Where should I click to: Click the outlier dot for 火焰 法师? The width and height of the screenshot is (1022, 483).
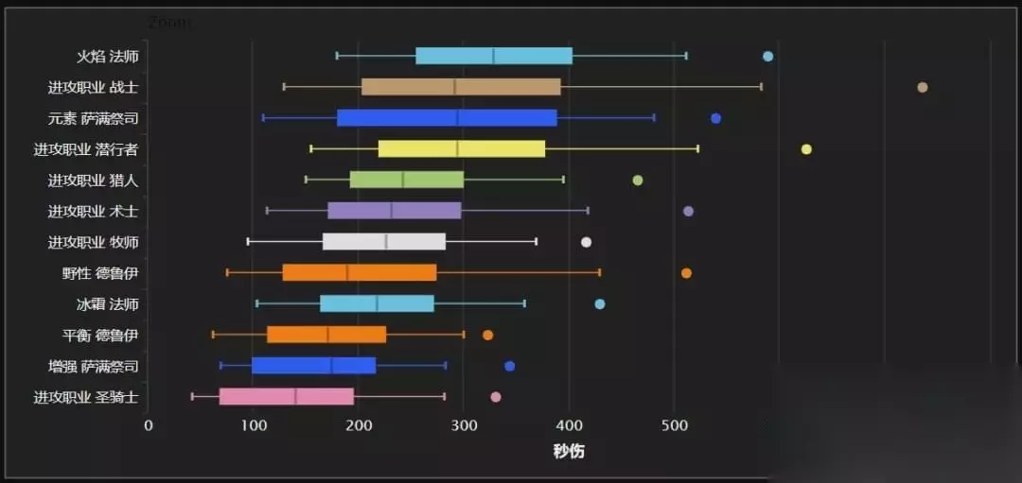767,56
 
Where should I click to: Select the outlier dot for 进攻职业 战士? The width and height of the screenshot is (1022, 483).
923,87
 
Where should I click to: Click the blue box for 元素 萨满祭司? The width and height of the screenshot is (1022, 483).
447,118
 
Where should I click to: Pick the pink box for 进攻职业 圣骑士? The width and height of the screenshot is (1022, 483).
286,397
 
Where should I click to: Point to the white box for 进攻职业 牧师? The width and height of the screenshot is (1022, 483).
383,242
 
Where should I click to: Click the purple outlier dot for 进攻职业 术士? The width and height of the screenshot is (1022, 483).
688,211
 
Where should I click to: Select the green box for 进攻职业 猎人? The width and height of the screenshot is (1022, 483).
407,180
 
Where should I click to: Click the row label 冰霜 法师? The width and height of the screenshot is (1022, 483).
108,304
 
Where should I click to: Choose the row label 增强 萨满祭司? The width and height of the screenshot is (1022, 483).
94,366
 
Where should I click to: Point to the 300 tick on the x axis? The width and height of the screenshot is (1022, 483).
464,425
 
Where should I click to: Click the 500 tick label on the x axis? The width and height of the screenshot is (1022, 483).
674,425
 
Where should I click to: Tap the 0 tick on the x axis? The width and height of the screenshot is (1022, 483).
149,425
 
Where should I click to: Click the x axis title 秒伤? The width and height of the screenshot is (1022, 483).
569,451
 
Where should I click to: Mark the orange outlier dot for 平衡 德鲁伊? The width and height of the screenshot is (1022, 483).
487,335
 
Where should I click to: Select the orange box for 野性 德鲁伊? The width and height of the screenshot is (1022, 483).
360,273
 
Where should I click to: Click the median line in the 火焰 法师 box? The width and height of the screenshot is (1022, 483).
493,56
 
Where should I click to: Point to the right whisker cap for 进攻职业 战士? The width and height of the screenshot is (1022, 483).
761,87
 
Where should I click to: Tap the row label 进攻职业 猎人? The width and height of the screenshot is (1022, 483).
94,180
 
